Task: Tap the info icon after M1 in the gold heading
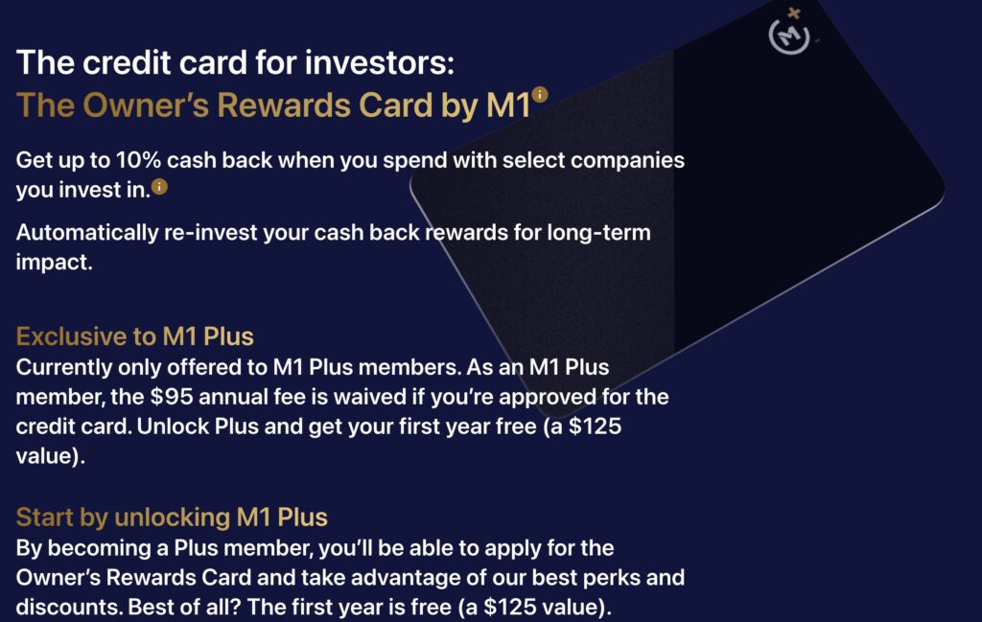(x=540, y=94)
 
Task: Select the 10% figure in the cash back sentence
(x=138, y=160)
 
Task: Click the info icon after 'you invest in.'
(x=160, y=187)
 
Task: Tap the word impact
(x=54, y=263)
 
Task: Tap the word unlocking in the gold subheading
(x=173, y=518)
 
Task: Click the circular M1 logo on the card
(x=789, y=36)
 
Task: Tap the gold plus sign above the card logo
(x=793, y=13)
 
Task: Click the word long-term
(x=598, y=232)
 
